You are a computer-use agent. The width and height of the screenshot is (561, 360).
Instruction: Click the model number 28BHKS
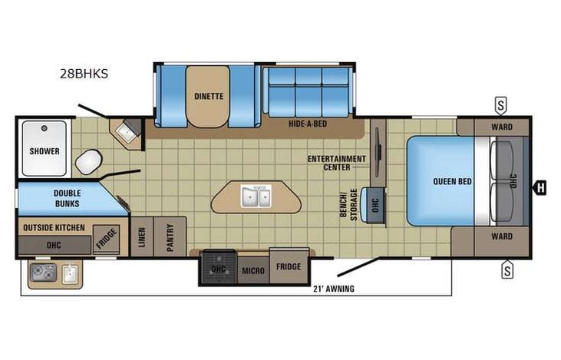coord(84,74)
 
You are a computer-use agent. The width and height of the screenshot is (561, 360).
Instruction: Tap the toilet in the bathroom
coord(89,162)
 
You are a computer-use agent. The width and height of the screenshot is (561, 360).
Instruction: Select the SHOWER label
coord(45,151)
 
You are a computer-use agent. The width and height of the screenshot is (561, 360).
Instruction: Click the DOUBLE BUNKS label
coord(68,198)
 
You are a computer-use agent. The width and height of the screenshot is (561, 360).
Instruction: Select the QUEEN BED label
coord(452,182)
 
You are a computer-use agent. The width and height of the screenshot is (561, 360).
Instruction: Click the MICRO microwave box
coord(253,270)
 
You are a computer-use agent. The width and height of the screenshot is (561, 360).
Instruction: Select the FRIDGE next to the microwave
coord(289,266)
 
